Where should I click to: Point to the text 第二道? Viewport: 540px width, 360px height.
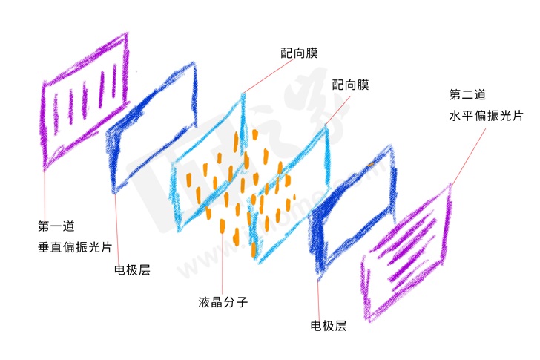(467, 94)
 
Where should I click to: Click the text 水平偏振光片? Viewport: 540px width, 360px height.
(486, 116)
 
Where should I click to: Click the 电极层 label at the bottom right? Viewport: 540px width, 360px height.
(328, 325)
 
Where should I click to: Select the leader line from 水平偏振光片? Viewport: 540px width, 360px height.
(467, 155)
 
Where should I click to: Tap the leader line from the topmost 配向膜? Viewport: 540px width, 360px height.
(267, 75)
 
